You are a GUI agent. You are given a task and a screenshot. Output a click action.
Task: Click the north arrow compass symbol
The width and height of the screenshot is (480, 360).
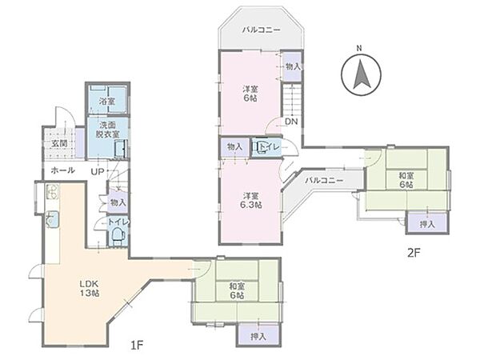(362, 76)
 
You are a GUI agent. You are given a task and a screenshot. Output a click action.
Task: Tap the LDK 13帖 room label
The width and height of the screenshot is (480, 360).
(90, 288)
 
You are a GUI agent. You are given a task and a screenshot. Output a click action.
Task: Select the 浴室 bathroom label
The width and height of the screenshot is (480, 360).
(107, 102)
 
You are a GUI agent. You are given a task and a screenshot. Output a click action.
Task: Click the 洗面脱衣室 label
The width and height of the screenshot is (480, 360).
(108, 130)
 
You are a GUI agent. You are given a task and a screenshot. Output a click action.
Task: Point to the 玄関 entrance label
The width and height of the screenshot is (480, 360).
(59, 143)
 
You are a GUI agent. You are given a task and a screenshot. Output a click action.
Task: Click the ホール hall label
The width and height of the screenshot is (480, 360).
(62, 170)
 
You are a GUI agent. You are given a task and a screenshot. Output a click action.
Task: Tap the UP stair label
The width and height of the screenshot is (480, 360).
(98, 171)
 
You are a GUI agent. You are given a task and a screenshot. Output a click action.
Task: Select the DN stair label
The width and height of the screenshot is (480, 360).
(291, 122)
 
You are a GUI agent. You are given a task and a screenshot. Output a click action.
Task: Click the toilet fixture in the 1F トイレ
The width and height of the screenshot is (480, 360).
(117, 235)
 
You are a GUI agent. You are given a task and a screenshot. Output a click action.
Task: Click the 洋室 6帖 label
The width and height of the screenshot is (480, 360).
(250, 94)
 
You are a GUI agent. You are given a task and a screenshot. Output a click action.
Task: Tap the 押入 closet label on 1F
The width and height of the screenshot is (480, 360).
(258, 337)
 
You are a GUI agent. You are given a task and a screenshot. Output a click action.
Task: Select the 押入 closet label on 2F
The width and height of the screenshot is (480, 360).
(427, 224)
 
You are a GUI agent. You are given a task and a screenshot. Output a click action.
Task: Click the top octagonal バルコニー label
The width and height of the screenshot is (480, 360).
(261, 30)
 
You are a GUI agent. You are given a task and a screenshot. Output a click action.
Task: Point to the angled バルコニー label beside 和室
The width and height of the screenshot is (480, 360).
(324, 181)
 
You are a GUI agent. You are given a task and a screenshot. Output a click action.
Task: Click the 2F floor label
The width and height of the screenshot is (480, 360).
(414, 253)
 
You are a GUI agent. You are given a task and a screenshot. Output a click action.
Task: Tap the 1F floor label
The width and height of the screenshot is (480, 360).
(137, 346)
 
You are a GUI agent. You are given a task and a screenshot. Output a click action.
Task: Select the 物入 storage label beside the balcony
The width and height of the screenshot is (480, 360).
(293, 67)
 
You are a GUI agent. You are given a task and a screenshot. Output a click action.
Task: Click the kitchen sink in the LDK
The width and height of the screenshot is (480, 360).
(53, 219)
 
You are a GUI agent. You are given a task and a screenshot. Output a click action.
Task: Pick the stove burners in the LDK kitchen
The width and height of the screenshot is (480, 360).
(53, 192)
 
